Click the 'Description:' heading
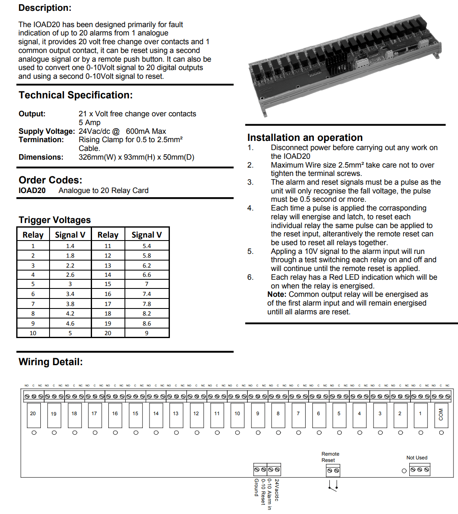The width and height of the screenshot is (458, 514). coord(45,8)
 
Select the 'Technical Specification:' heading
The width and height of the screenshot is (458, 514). coord(76,95)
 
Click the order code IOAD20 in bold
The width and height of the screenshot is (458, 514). coord(32,191)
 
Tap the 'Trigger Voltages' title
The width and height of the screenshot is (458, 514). coord(55,220)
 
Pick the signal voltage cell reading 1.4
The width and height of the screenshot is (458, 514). coord(70,246)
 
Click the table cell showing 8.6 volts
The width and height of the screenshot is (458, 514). coord(147,323)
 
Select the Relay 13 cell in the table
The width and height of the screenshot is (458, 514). coord(108,266)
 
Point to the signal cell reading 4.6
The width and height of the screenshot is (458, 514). coord(70,323)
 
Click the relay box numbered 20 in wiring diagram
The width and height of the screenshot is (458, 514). coord(33,415)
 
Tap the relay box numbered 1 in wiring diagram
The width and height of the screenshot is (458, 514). coord(421,415)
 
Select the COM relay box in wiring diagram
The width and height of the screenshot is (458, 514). coord(441,415)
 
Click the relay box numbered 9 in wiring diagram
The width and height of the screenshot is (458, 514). coord(258,415)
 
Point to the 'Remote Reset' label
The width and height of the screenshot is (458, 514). coord(330,457)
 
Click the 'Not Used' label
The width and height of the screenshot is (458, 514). coord(417,458)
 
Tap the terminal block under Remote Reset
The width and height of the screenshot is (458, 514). coord(333,471)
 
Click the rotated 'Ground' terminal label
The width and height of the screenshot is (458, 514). coord(256,488)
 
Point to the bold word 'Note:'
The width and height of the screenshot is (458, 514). coord(277,294)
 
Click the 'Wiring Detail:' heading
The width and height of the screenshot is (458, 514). coord(50,362)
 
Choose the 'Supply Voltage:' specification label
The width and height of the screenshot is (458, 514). coord(47,131)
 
